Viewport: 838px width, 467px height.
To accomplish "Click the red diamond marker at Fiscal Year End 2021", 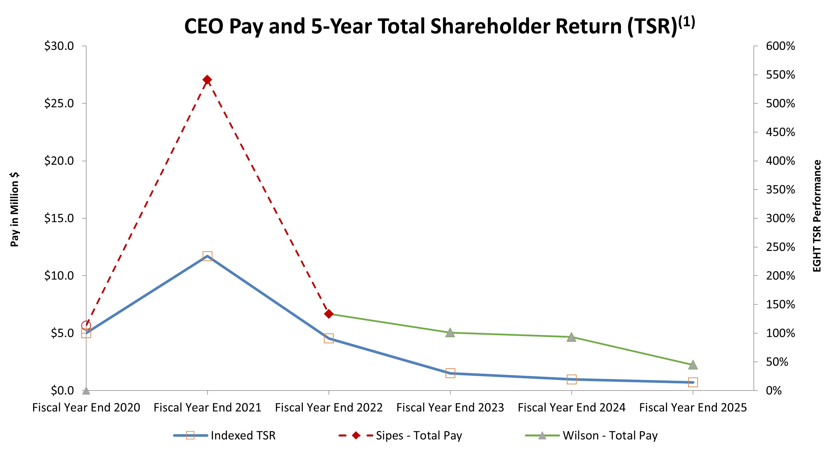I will (207, 80).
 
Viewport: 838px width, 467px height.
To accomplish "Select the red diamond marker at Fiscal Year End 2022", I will (329, 314).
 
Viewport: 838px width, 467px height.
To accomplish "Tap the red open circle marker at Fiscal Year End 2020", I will (86, 325).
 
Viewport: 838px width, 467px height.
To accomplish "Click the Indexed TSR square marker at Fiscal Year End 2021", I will (207, 256).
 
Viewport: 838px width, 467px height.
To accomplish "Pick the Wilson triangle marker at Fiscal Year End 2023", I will (450, 333).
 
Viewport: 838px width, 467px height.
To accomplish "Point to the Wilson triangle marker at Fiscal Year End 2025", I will (693, 365).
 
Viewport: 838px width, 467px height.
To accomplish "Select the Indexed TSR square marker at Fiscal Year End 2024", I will (572, 379).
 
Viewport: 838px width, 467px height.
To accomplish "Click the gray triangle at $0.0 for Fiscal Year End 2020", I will (86, 391).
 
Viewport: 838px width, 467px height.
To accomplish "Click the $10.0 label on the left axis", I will (59, 276).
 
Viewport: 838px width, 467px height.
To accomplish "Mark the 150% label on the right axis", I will (780, 304).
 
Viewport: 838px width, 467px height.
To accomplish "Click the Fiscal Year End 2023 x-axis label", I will (450, 407).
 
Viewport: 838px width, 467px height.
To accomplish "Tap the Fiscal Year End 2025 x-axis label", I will (693, 407).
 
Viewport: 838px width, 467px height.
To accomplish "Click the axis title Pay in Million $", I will (14, 209).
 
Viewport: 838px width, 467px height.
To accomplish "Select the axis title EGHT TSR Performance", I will (817, 216).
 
